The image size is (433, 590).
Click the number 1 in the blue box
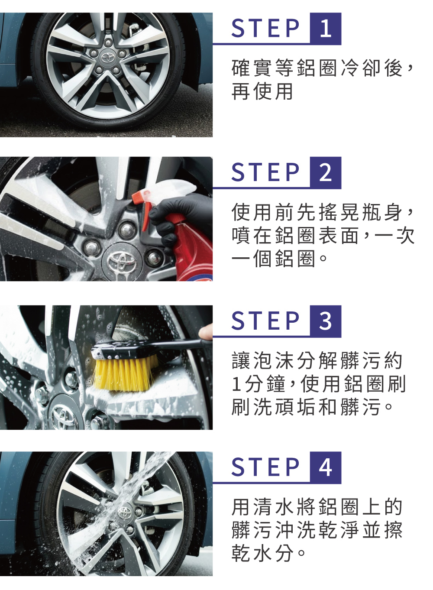pos(326,28)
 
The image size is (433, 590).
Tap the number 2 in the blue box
pos(326,172)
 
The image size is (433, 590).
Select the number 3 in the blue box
pos(326,321)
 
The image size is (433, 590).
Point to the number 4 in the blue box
pos(326,467)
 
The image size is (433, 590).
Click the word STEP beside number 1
pos(265,28)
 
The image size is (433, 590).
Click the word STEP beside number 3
pos(265,321)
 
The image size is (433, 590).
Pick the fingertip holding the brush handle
pos(206,332)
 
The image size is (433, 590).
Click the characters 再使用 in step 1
pos(262,92)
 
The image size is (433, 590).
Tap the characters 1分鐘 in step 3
pos(259,384)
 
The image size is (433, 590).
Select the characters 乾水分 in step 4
pos(262,553)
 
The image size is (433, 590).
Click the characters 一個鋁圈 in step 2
pos(273,259)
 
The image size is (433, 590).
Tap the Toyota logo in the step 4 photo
pos(125,514)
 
